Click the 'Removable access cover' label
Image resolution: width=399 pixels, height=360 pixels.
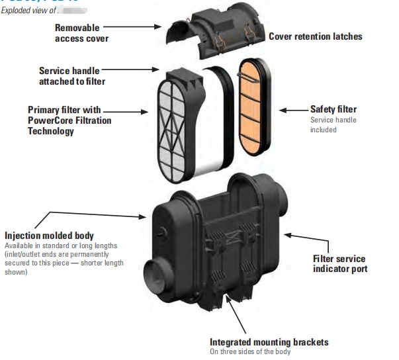pos(81,33)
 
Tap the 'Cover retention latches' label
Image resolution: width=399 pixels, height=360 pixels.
pos(316,36)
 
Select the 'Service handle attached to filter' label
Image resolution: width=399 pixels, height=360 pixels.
pos(71,75)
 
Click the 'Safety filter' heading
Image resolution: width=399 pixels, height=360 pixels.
pos(333,109)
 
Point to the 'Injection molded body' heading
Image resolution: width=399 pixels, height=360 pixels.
pos(49,236)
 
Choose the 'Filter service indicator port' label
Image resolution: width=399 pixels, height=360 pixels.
pos(339,263)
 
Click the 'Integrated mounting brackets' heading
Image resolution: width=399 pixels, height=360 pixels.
pos(269,342)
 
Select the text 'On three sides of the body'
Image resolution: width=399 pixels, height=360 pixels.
pos(251,352)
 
